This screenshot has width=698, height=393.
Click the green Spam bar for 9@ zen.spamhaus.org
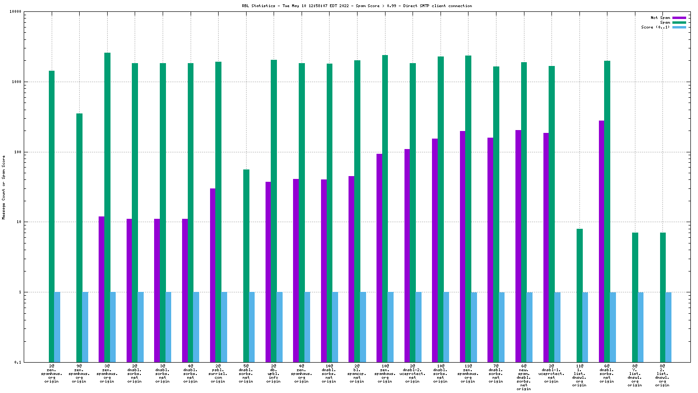click(x=79, y=237)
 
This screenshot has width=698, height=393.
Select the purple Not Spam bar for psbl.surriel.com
click(x=212, y=275)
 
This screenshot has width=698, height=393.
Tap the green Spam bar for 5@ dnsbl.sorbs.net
click(x=246, y=266)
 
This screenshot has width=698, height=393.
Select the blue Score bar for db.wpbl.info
click(x=280, y=327)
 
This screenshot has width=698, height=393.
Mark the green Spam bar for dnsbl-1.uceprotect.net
click(x=551, y=214)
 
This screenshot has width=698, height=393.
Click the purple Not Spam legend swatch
click(x=679, y=18)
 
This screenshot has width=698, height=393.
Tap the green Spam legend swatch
click(x=679, y=23)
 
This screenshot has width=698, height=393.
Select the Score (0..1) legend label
click(x=655, y=28)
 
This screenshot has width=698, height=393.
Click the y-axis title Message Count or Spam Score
click(x=4, y=187)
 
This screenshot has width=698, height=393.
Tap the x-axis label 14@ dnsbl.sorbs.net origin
click(x=329, y=374)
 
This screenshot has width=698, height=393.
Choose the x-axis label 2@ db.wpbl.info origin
click(x=274, y=374)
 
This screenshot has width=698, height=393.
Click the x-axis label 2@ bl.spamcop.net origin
click(x=357, y=374)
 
